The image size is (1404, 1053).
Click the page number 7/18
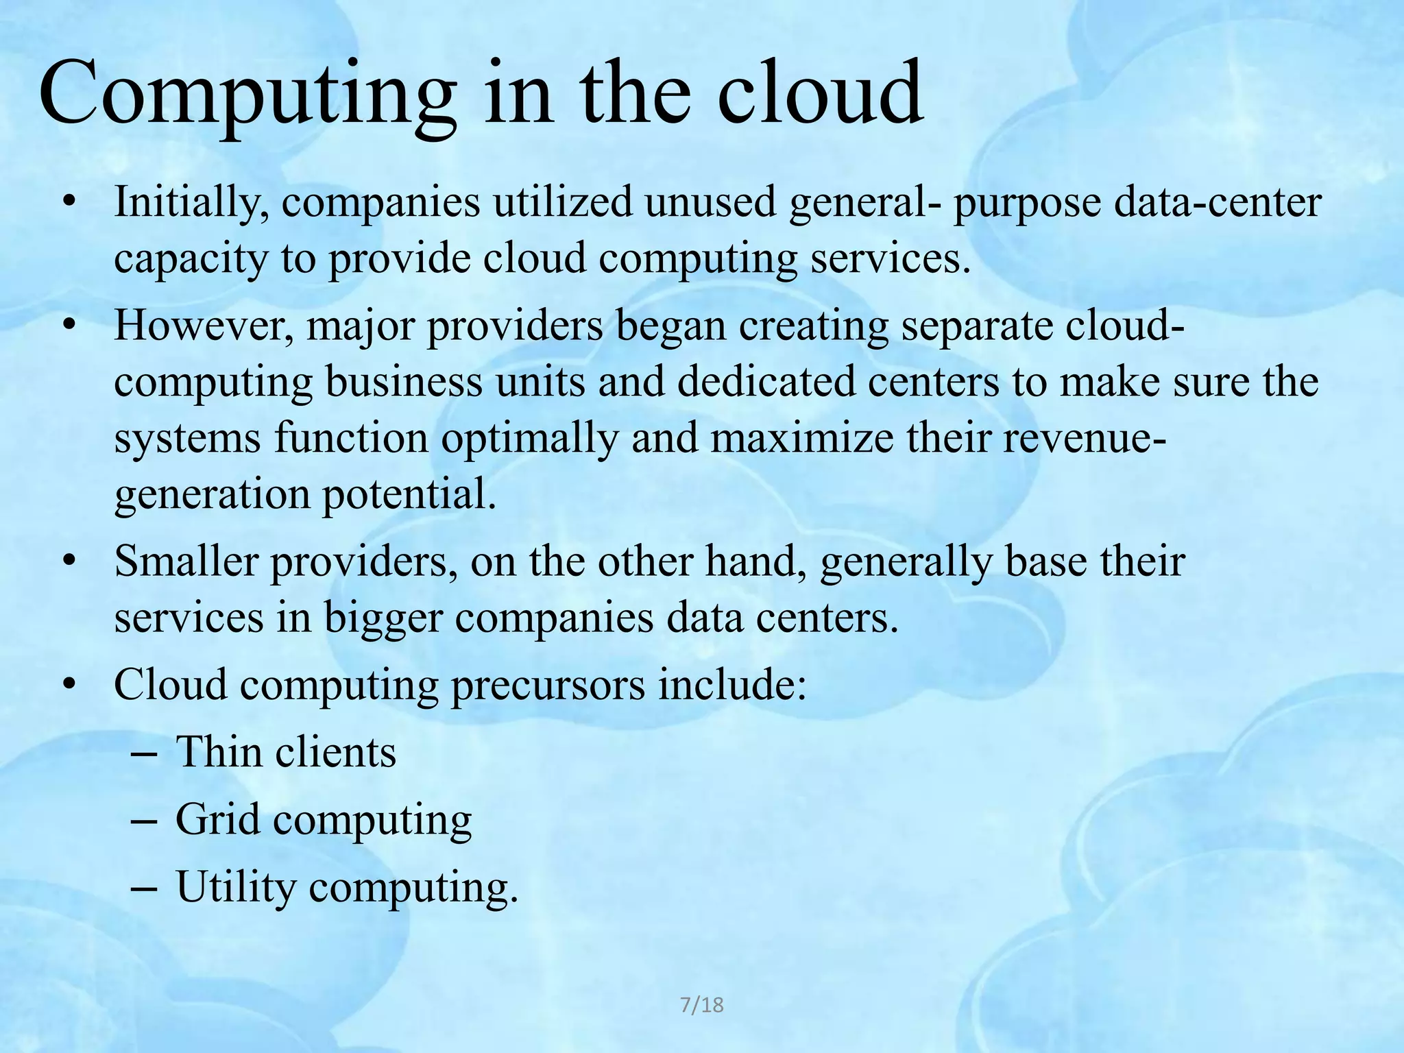pyautogui.click(x=701, y=1005)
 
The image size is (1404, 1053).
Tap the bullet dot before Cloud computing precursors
pyautogui.click(x=68, y=685)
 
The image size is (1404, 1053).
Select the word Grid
pyautogui.click(x=217, y=819)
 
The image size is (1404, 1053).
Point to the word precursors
pyautogui.click(x=547, y=685)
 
